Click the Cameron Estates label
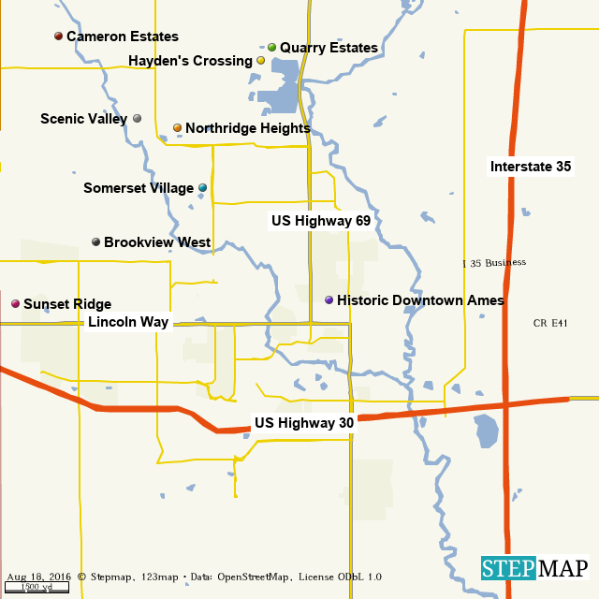122,37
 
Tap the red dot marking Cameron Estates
58,37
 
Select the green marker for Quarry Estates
271,48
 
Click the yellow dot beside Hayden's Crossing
260,61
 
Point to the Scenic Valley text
83,119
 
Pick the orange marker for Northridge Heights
177,128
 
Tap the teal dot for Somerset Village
202,188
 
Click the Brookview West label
156,242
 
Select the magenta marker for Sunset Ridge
15,304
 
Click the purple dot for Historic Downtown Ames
329,300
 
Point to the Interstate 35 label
531,167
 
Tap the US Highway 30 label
304,423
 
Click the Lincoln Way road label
128,322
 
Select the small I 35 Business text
494,263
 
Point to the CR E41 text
550,323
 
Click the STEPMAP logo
535,568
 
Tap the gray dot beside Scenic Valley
138,119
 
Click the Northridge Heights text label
247,128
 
